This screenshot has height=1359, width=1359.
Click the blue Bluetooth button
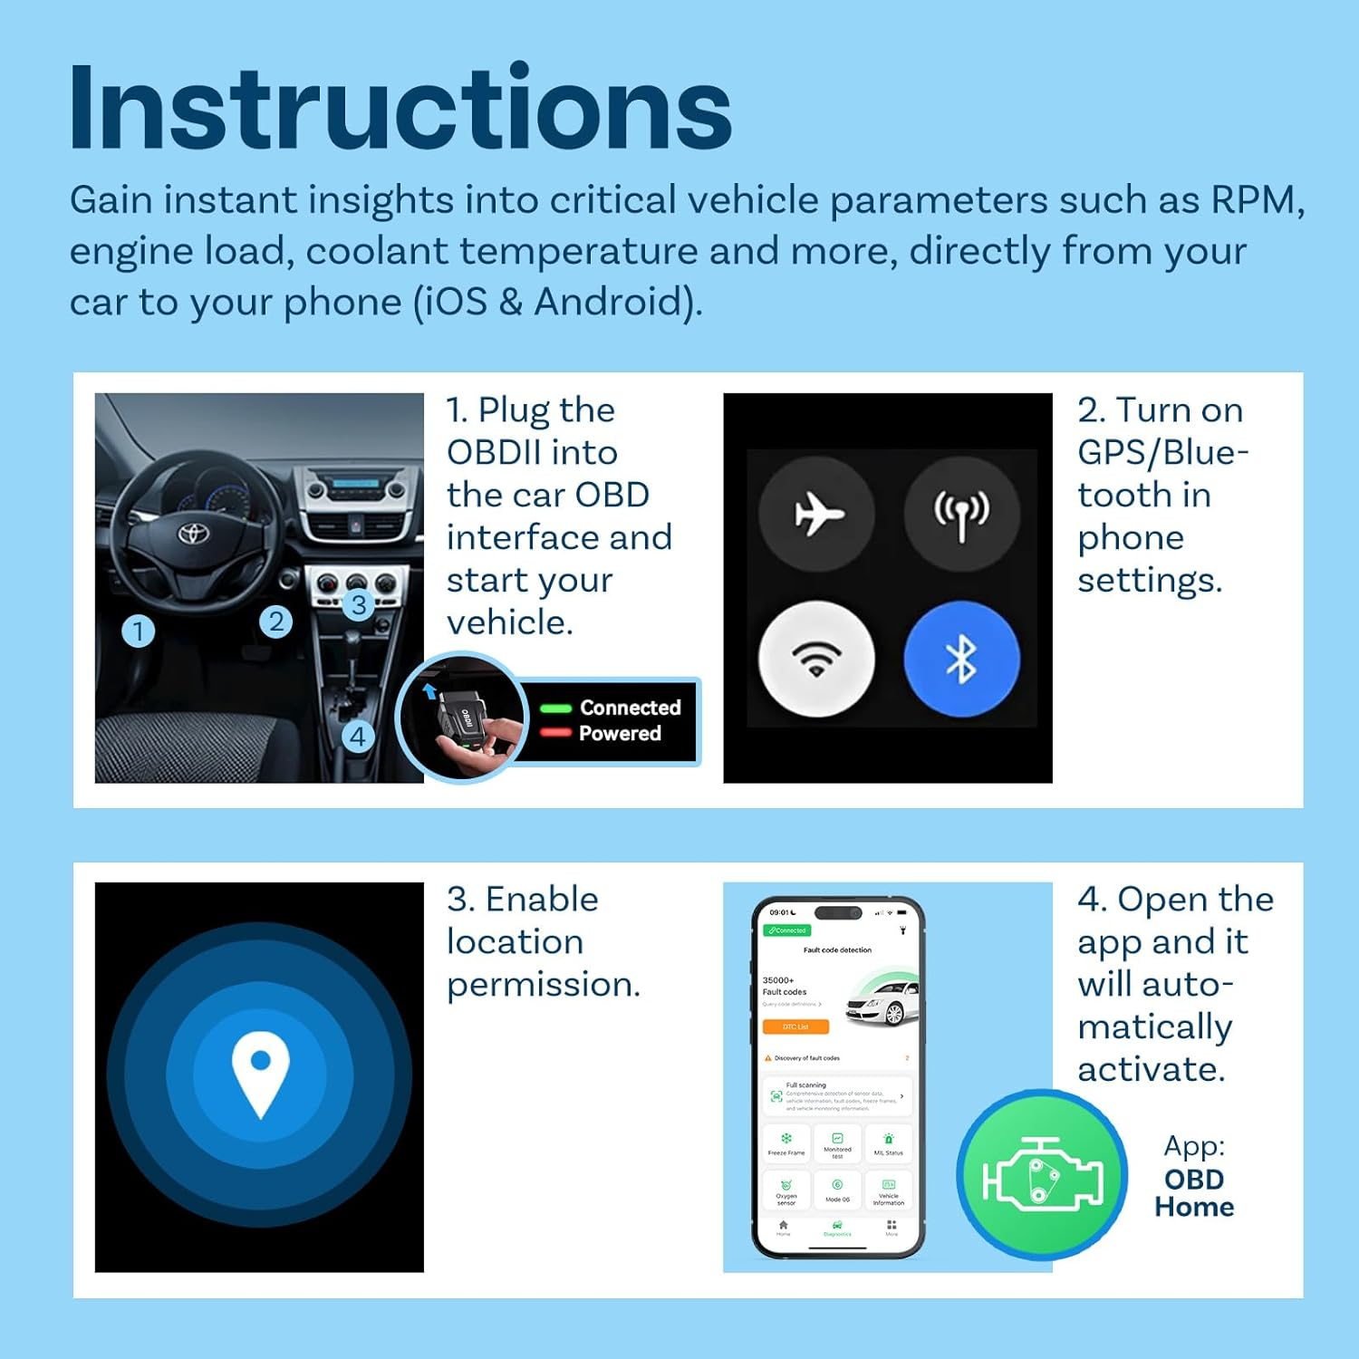(x=961, y=659)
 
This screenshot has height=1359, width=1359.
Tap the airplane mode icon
(x=817, y=514)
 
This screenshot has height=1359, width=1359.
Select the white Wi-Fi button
(x=816, y=659)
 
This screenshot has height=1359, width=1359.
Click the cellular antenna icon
(x=961, y=514)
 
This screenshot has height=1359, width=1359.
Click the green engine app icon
(x=1043, y=1175)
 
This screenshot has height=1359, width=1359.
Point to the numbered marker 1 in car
(x=138, y=631)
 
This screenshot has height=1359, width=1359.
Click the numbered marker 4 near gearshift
(x=358, y=737)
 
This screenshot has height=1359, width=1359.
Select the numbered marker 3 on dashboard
(x=359, y=604)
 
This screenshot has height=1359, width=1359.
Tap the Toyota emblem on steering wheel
(x=193, y=533)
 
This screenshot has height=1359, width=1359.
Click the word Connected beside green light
(x=630, y=708)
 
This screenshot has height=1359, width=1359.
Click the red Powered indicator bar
(x=555, y=732)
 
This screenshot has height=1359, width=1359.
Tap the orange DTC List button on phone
(x=795, y=1026)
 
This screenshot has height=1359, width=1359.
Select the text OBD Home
(x=1194, y=1193)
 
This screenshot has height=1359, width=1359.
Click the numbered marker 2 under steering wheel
(x=275, y=622)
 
